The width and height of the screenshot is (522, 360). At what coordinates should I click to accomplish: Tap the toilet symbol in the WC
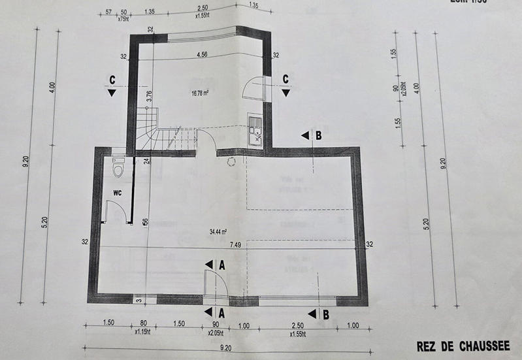point(118,169)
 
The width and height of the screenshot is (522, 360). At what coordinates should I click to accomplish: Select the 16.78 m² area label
point(201,93)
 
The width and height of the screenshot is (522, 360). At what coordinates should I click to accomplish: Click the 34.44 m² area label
point(218,231)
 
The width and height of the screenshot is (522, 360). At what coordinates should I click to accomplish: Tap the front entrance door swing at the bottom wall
point(216,285)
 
